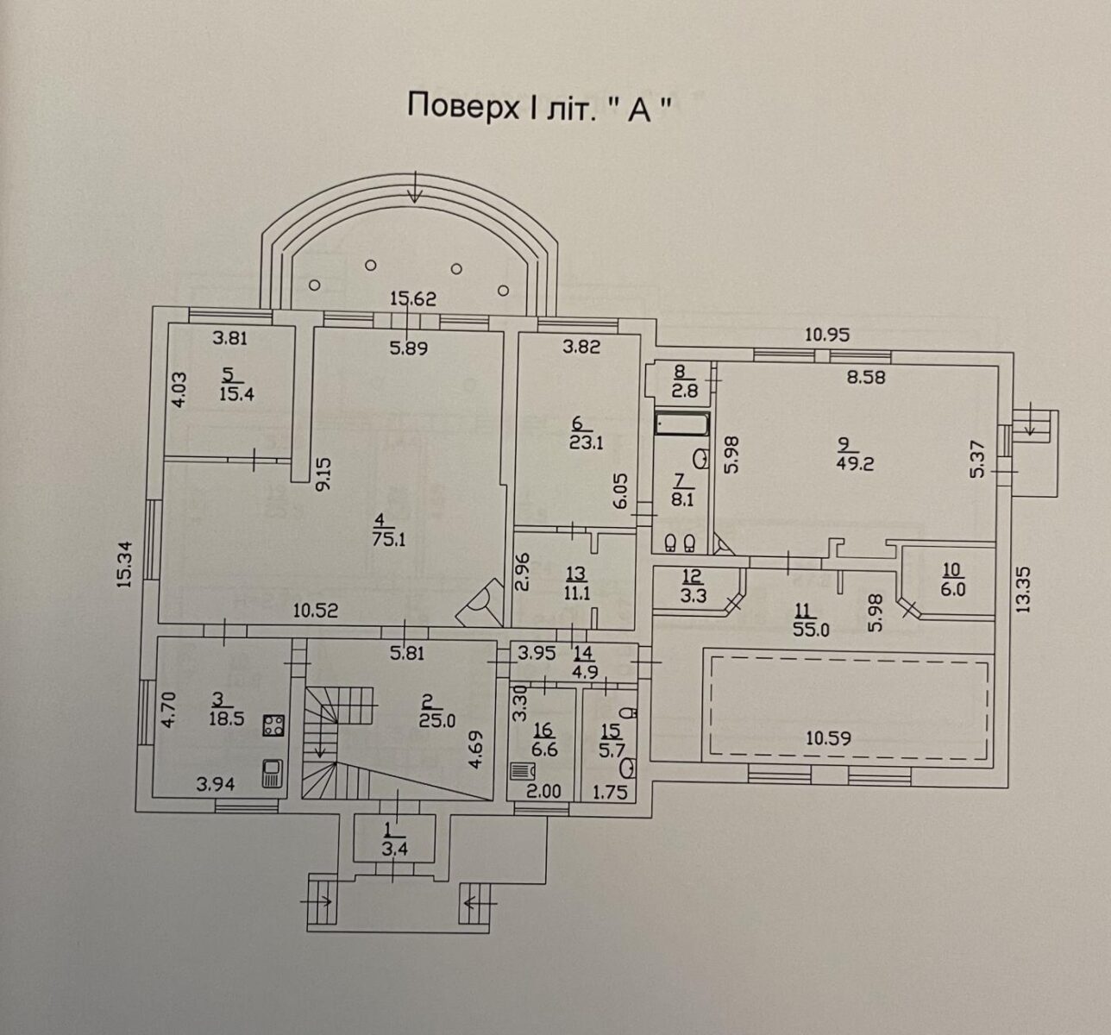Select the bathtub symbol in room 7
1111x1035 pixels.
point(682,423)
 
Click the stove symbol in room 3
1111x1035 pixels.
point(273,725)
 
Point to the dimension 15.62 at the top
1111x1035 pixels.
point(413,298)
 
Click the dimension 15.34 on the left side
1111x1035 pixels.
point(124,563)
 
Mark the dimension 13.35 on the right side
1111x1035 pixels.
point(1022,590)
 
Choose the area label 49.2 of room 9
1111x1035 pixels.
point(856,464)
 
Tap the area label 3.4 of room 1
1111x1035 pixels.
point(394,850)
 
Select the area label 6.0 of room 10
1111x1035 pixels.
point(953,590)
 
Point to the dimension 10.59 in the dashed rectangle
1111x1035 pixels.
point(828,738)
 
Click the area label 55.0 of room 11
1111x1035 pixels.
point(811,630)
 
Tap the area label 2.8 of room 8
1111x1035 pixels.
point(685,391)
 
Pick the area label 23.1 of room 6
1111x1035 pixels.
point(586,443)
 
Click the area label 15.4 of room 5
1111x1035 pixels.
point(237,394)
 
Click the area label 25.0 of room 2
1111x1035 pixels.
point(437,721)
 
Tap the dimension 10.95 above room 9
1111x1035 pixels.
point(827,335)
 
